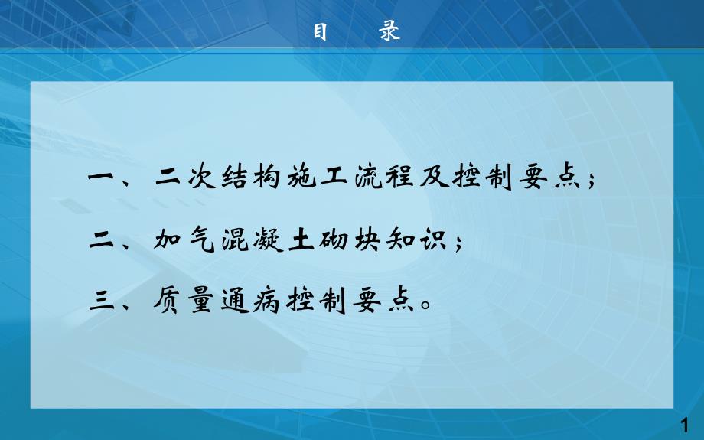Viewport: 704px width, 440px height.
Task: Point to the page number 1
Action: click(686, 424)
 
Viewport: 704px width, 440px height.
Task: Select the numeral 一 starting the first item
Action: click(103, 181)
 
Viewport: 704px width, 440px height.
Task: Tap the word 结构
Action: click(247, 181)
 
